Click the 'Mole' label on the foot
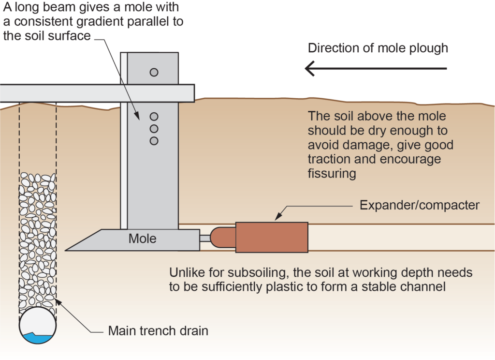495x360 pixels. (x=142, y=239)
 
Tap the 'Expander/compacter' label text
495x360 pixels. (x=420, y=205)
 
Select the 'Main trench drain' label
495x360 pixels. (x=158, y=331)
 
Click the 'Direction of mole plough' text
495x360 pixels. (x=378, y=48)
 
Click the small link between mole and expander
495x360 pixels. (x=205, y=238)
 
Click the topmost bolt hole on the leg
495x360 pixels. (x=154, y=72)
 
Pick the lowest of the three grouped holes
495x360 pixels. (x=154, y=141)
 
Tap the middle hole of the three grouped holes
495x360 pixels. (x=154, y=129)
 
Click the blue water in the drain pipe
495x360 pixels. (x=38, y=338)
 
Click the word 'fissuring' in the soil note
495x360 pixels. (x=332, y=173)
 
